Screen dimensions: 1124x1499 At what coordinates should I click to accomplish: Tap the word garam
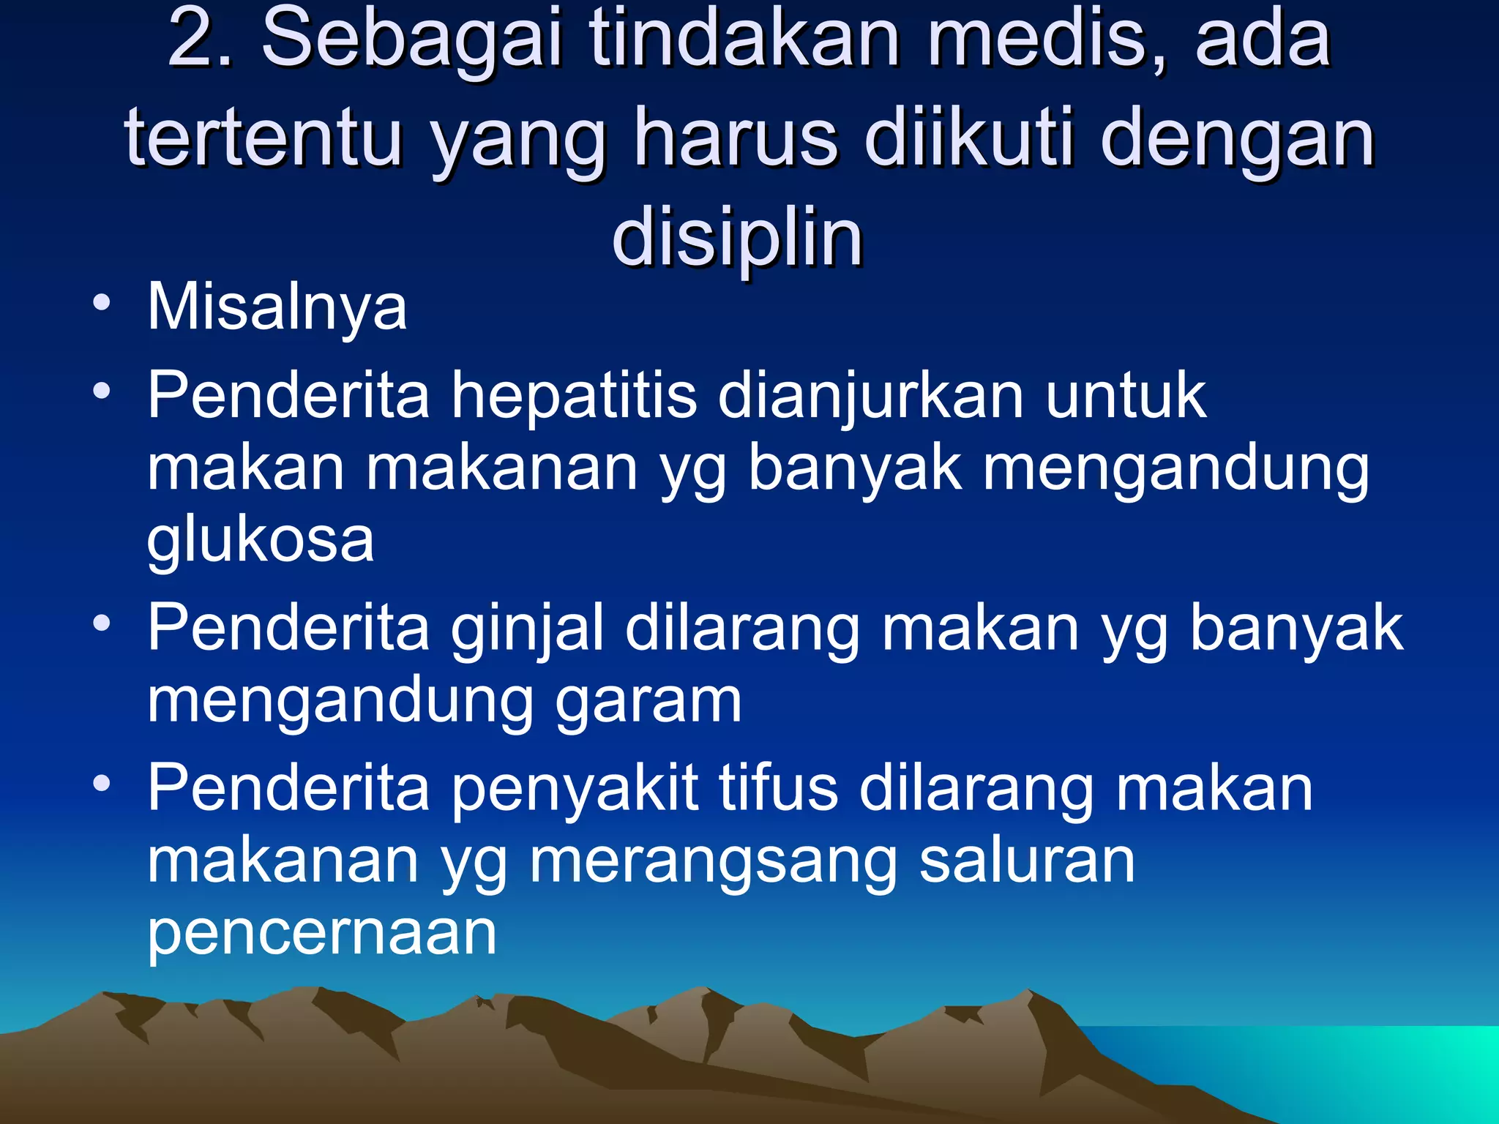pos(648,701)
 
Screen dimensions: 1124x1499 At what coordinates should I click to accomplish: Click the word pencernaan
pos(322,935)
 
